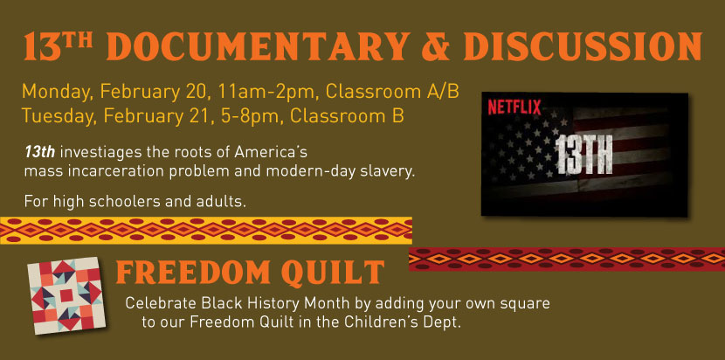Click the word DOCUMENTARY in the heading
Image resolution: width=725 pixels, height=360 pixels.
click(259, 46)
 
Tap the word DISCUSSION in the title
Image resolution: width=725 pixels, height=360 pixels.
click(583, 46)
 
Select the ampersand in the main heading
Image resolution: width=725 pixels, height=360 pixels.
click(436, 46)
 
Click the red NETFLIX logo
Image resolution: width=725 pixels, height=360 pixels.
click(514, 107)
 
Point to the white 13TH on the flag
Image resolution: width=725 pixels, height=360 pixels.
click(583, 155)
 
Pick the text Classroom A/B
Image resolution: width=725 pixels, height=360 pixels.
click(392, 92)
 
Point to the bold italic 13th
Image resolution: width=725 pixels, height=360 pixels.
click(40, 152)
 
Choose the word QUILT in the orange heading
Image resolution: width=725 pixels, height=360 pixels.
click(333, 272)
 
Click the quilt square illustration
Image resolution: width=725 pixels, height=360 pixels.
click(66, 295)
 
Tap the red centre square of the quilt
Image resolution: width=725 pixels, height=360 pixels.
click(66, 295)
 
